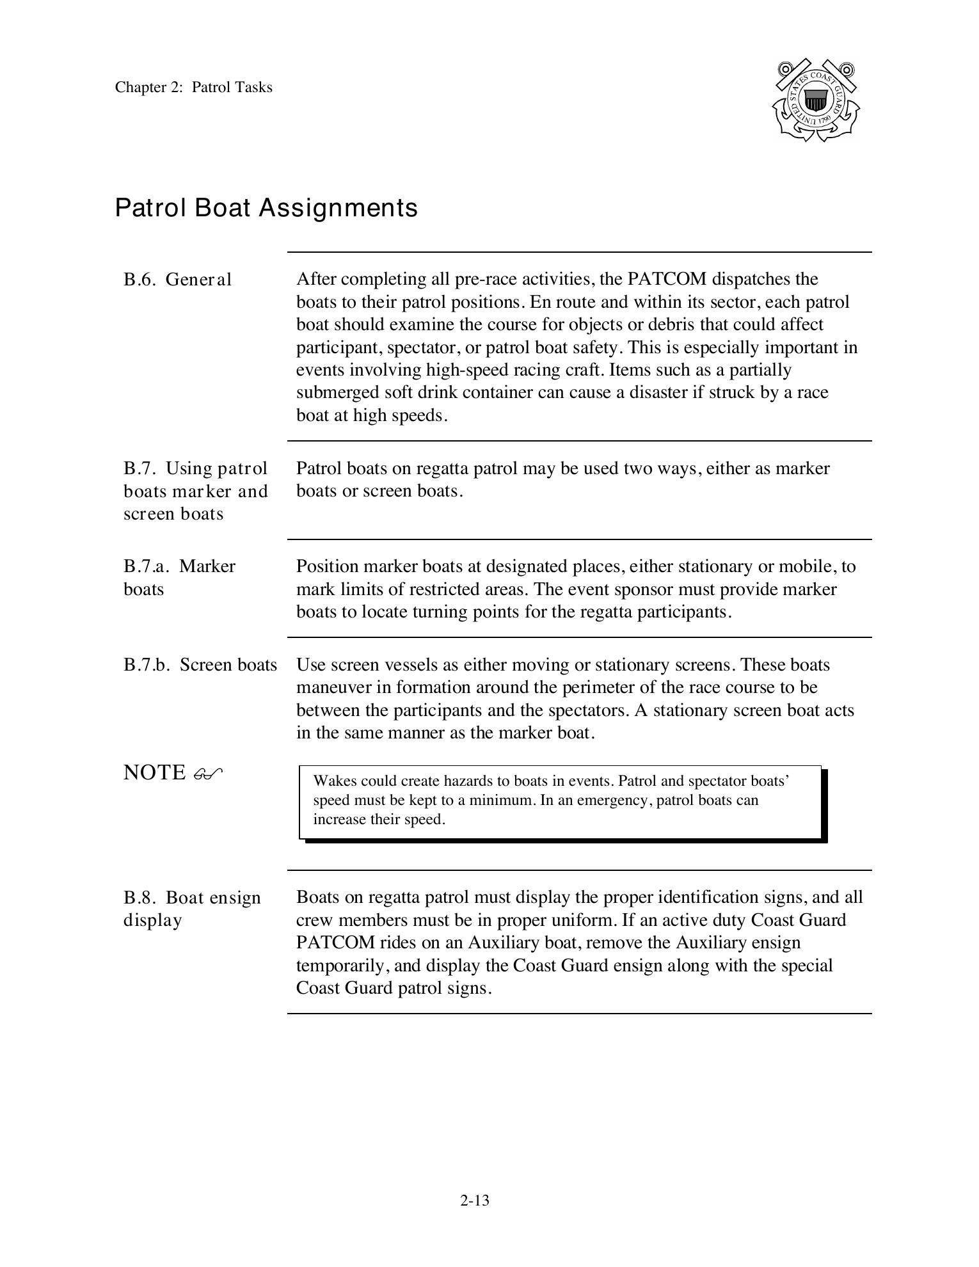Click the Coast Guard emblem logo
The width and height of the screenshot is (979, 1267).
point(815,100)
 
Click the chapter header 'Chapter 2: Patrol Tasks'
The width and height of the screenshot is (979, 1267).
point(193,88)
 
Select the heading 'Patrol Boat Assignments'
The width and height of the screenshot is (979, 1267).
point(266,208)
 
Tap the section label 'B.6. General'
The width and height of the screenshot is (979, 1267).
point(177,280)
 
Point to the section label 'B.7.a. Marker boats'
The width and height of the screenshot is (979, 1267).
point(179,577)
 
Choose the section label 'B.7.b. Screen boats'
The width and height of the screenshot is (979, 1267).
point(200,665)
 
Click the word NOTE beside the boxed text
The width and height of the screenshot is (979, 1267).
point(154,773)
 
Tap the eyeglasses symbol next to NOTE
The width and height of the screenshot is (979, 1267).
point(207,774)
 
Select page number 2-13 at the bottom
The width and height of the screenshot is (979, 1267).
point(474,1200)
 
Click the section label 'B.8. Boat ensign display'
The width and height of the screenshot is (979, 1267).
point(191,909)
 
